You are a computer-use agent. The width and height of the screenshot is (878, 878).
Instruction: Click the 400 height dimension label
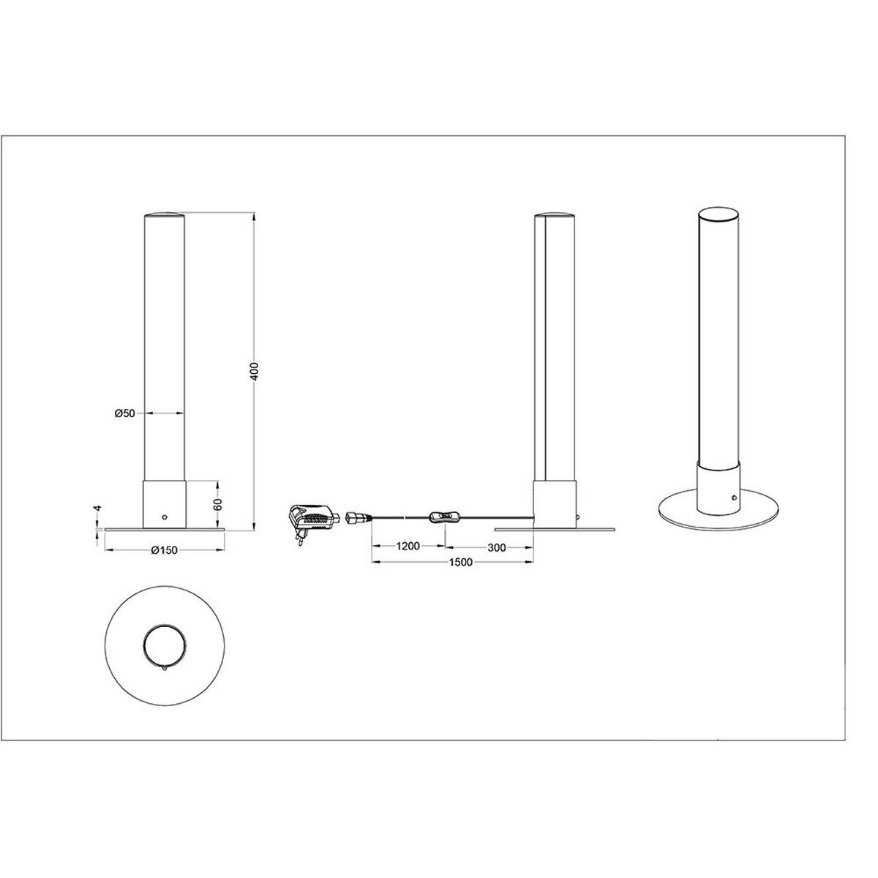[x=253, y=371]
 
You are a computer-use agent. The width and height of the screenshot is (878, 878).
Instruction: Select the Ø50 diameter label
[x=125, y=413]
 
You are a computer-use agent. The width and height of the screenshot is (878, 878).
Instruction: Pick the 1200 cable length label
[x=408, y=547]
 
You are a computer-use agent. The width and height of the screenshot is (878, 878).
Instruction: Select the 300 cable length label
[x=495, y=547]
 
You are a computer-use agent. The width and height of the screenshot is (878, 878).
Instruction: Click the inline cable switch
[x=444, y=519]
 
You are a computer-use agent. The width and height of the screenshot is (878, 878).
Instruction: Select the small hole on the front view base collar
[x=165, y=517]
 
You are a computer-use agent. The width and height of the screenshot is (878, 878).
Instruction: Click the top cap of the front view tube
[x=164, y=215]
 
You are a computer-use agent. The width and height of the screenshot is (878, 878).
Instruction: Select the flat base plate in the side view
[x=555, y=528]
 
